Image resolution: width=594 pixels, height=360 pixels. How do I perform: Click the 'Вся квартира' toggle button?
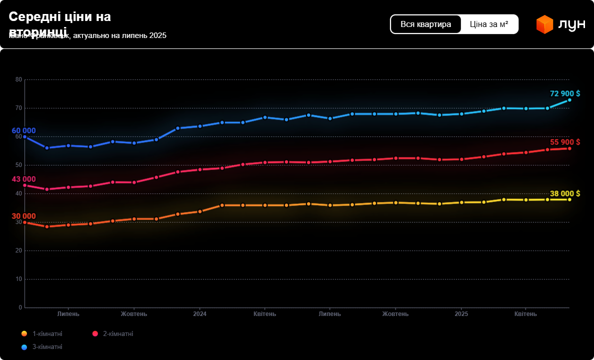tap(426, 24)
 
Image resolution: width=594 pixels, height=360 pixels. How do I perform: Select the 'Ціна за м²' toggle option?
tap(489, 24)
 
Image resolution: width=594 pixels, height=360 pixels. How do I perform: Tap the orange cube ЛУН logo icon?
tap(544, 24)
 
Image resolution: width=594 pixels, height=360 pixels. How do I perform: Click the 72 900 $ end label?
tap(564, 93)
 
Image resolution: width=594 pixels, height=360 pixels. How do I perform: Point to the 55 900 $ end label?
tap(564, 142)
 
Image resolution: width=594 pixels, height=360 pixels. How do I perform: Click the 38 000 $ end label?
tap(564, 193)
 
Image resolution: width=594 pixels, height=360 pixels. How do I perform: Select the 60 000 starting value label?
tap(23, 130)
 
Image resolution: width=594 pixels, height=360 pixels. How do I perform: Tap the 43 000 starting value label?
tap(23, 179)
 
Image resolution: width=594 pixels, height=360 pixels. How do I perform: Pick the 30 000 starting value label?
tap(23, 216)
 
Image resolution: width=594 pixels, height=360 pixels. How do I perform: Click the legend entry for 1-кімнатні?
tap(47, 333)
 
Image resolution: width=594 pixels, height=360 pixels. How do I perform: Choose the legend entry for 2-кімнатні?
tap(118, 333)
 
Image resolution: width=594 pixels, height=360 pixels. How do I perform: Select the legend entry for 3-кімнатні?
tap(47, 346)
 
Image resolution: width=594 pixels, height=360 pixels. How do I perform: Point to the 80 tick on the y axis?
tap(19, 79)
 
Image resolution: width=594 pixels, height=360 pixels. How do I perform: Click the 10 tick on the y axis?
tap(19, 279)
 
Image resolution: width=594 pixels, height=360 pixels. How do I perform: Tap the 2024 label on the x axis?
tap(199, 314)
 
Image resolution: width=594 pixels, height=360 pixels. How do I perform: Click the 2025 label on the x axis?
tap(461, 314)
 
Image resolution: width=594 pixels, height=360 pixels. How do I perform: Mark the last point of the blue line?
tap(569, 100)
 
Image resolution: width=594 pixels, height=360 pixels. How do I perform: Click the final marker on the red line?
tap(569, 148)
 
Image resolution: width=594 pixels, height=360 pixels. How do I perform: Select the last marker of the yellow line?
tap(569, 199)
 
